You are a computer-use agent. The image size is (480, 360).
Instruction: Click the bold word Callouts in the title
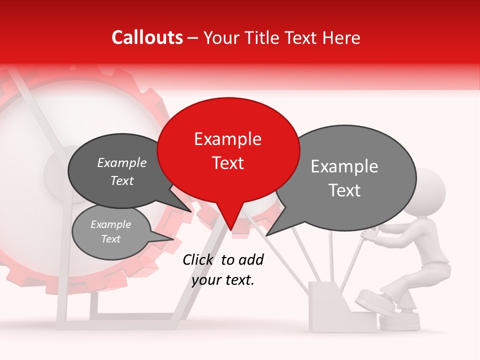(147, 37)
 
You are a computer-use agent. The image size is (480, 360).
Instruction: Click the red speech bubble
(228, 150)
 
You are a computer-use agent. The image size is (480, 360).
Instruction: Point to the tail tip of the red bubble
(231, 229)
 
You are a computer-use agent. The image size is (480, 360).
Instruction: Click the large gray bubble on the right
(350, 177)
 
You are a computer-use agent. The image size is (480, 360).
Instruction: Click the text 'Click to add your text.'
(223, 269)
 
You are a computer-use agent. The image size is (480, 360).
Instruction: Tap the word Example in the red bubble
(227, 139)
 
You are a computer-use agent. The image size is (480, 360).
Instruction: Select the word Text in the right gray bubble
(345, 190)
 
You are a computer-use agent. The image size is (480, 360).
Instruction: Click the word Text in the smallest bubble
(110, 239)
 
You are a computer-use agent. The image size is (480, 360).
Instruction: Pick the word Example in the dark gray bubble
(122, 163)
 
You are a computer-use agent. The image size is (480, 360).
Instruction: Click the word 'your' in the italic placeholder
(206, 280)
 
